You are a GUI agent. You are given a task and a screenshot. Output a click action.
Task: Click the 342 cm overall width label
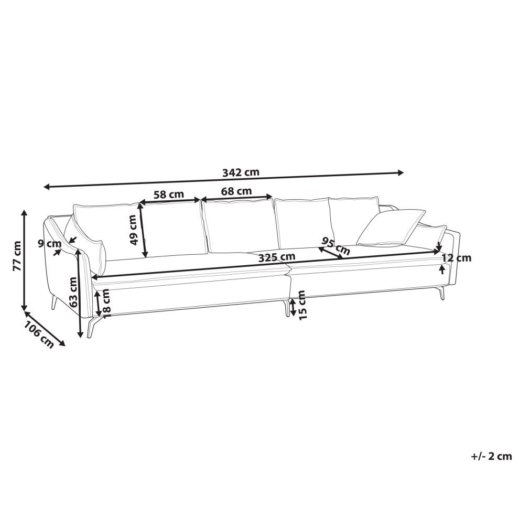coord(240,172)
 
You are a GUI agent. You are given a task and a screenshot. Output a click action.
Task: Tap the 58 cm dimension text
coord(169,194)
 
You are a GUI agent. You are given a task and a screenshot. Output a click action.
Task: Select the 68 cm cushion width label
coord(236,191)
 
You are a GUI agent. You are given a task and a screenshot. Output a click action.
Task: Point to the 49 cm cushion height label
coord(133,230)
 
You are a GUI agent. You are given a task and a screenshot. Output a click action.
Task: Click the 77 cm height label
coord(17,256)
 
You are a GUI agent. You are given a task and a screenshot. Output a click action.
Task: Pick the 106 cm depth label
coord(38,334)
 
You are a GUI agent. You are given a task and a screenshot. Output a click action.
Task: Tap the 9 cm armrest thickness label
coord(50,244)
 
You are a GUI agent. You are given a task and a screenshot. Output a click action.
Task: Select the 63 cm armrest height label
coord(73,291)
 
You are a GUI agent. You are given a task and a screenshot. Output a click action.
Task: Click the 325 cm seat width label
coord(277,257)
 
